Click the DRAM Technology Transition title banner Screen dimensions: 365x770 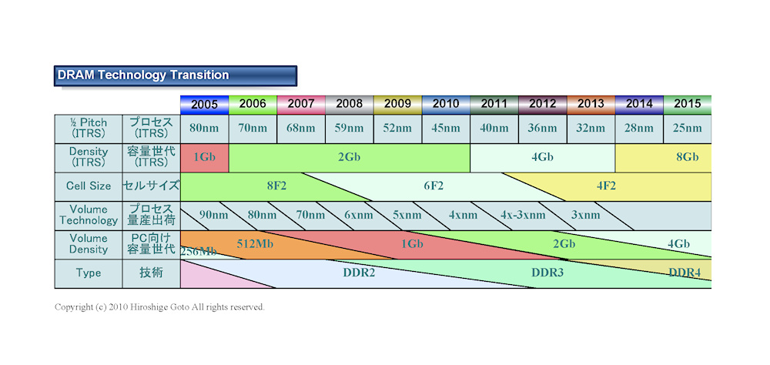176,75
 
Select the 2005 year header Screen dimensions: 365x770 204,104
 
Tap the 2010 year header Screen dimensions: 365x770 446,104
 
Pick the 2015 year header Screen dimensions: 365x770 687,104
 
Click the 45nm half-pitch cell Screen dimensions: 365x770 446,129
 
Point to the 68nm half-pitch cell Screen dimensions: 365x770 301,129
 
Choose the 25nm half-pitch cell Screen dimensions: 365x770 687,129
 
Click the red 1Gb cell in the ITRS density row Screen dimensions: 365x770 204,157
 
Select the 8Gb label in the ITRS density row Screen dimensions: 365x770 687,157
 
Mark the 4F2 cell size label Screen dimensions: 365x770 605,186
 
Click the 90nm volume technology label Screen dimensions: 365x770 213,215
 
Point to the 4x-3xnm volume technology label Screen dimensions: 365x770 523,215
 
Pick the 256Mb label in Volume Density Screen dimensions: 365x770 198,251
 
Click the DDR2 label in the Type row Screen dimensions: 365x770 358,273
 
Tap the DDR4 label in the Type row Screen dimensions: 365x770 684,273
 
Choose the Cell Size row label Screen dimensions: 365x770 88,186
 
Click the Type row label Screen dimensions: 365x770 88,273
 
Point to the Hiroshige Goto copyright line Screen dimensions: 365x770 159,306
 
